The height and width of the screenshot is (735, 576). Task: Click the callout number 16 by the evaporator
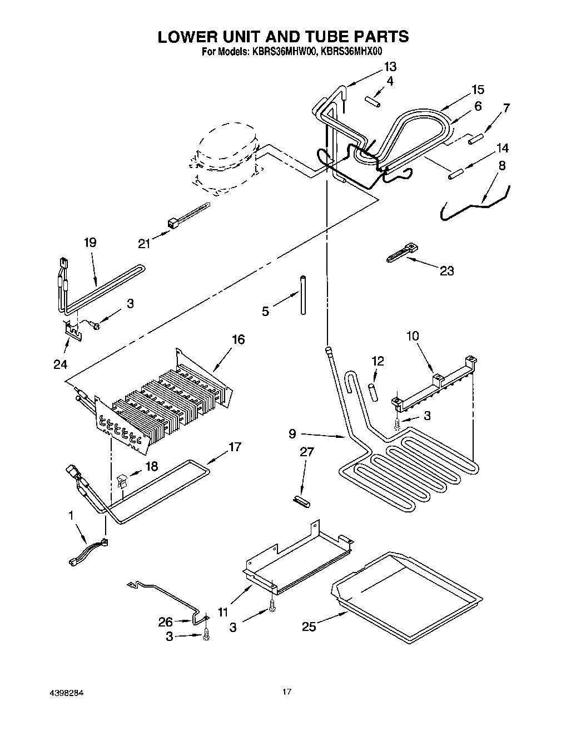coord(238,339)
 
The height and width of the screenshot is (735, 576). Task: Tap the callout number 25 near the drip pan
coord(309,627)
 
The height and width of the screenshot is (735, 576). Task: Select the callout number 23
coord(446,271)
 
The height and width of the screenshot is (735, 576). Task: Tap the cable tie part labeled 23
coord(402,251)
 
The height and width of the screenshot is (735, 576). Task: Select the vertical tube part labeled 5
coord(303,295)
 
